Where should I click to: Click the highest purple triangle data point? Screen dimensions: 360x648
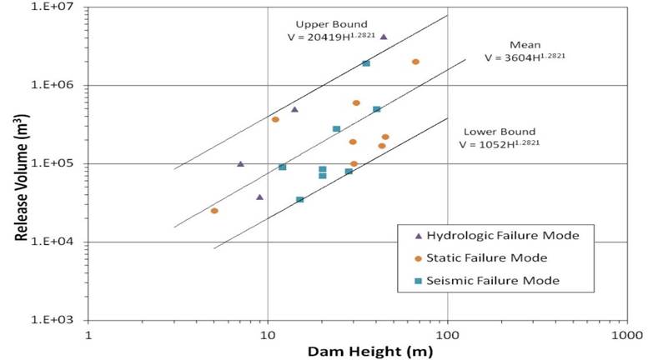point(384,37)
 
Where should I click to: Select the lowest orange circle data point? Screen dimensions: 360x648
point(214,211)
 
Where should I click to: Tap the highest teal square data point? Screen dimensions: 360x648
point(366,63)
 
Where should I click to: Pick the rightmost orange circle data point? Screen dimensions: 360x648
point(415,62)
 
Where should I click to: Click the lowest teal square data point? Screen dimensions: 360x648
point(299,200)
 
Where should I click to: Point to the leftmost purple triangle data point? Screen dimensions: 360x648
point(240,164)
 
